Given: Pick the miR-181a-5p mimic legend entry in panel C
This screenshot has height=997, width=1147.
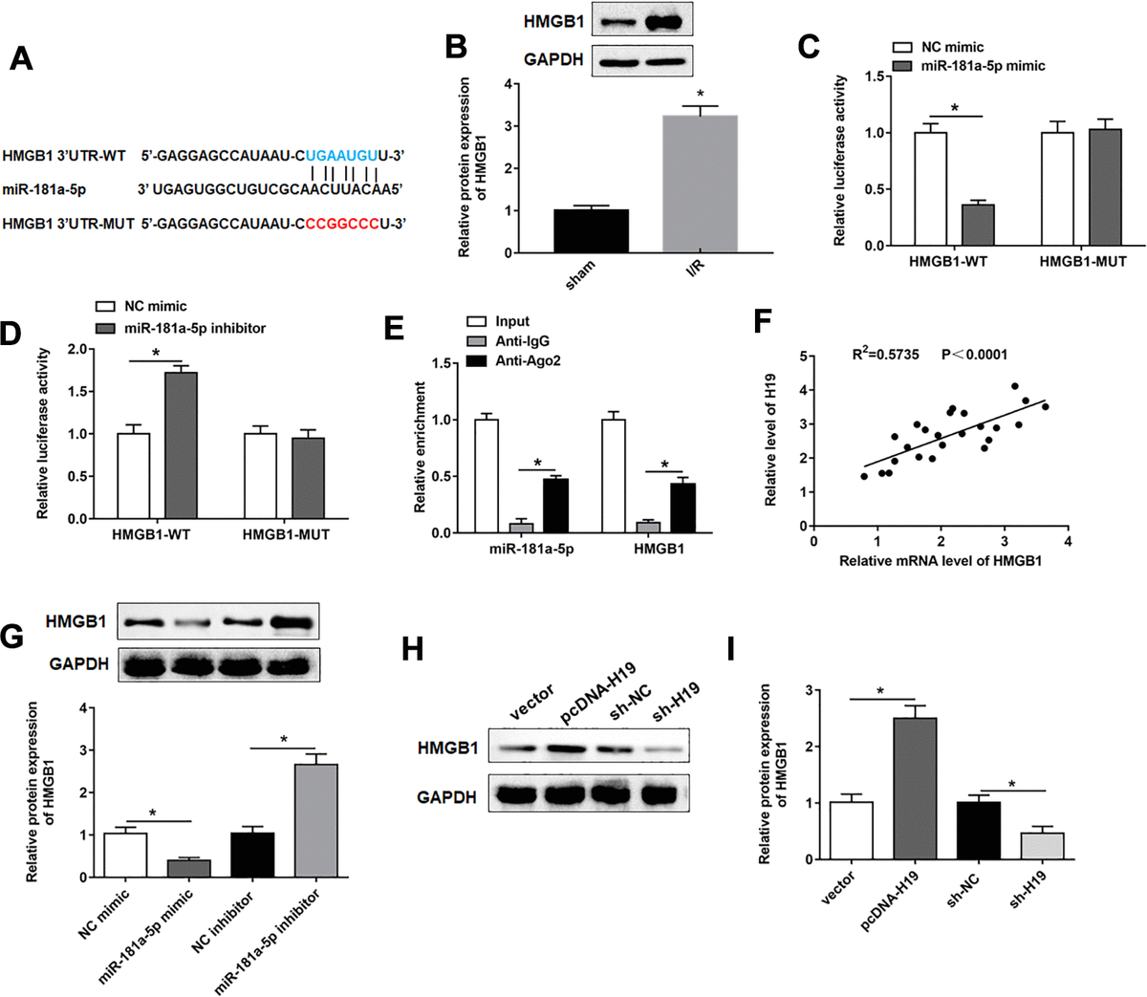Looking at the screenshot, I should [983, 66].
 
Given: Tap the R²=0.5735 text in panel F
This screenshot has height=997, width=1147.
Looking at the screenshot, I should [886, 355].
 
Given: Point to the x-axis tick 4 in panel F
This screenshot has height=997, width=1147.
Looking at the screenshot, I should [1067, 541].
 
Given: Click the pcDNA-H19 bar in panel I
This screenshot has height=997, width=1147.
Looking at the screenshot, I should [916, 789].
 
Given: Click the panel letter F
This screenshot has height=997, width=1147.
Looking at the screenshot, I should [765, 320].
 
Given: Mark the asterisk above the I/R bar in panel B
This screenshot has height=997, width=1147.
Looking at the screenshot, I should [701, 95].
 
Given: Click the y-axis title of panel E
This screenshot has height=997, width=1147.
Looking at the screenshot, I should [421, 447].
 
